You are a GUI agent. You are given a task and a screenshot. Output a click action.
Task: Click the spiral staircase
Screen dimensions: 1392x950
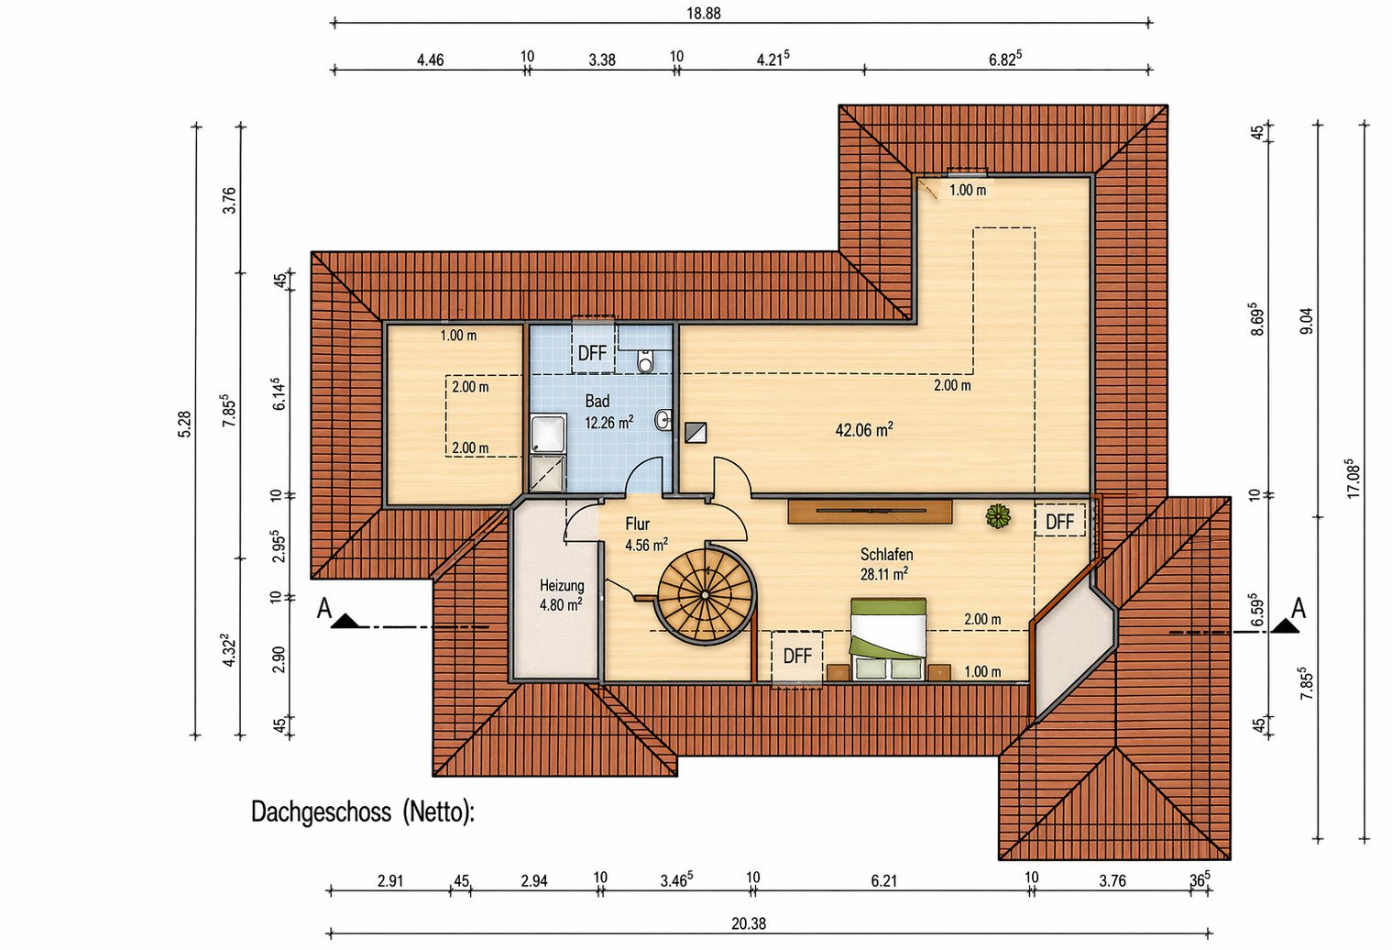pos(706,594)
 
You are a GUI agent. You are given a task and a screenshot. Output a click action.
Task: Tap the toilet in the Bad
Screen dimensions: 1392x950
pos(646,360)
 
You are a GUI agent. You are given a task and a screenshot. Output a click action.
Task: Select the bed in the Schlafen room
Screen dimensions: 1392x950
pos(888,638)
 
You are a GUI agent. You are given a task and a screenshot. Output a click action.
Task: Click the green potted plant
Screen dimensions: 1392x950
pos(997,516)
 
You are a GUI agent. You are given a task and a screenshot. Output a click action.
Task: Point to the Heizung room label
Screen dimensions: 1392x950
pos(561,585)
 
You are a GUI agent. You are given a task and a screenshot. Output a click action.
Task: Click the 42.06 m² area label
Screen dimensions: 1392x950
pos(864,429)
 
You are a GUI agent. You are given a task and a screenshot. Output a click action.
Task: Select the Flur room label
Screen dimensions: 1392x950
pos(638,524)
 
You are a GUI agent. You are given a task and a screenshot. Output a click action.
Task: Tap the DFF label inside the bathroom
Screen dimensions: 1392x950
pos(592,353)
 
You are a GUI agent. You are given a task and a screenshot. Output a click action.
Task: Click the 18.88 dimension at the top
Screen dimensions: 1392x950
pos(704,13)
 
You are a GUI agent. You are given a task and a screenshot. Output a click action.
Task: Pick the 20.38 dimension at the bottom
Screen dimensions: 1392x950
pos(748,923)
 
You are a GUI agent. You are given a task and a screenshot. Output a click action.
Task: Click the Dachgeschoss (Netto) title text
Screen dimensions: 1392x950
pos(363,812)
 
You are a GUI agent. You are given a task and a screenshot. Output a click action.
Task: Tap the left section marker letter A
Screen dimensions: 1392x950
pos(323,609)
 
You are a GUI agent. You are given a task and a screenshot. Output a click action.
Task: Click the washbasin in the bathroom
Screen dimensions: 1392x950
pos(663,420)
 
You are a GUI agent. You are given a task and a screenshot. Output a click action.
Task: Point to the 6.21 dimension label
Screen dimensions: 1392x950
pos(883,880)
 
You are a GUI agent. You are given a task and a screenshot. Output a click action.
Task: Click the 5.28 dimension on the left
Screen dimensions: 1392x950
pos(184,424)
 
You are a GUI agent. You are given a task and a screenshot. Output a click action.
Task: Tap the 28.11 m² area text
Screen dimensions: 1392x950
pos(883,574)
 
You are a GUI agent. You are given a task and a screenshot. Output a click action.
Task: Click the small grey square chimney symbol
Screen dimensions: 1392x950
pos(696,432)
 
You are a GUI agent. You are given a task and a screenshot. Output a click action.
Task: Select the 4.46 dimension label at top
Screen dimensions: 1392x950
pos(430,60)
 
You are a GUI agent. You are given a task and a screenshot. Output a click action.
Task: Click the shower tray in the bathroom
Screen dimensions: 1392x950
pos(548,434)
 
